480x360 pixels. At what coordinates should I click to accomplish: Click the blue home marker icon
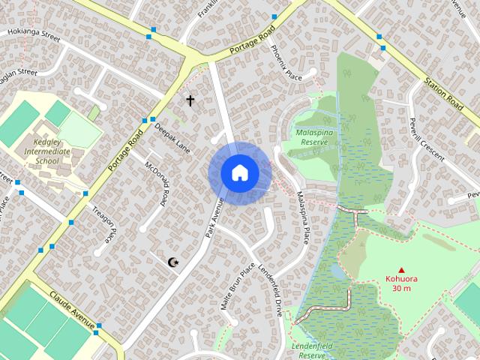click(x=239, y=173)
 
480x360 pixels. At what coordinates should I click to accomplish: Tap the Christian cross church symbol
click(x=190, y=100)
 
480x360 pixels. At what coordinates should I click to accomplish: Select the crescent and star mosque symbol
click(x=174, y=262)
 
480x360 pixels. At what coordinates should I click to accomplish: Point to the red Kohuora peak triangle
click(x=401, y=270)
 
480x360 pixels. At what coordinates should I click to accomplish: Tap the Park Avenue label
click(x=214, y=218)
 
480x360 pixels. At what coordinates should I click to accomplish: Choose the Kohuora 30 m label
click(x=401, y=283)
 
